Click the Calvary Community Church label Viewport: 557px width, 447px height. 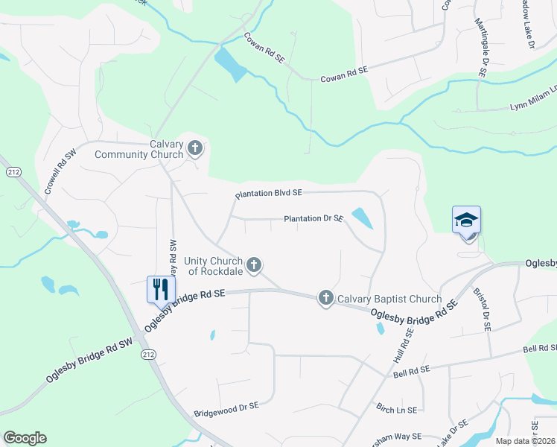pyautogui.click(x=139, y=149)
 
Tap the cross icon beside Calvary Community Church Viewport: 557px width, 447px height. pyautogui.click(x=195, y=148)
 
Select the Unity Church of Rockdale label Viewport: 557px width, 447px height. pyautogui.click(x=214, y=265)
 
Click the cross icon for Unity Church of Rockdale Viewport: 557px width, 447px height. pyautogui.click(x=254, y=264)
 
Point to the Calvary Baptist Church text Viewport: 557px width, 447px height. pyautogui.click(x=389, y=299)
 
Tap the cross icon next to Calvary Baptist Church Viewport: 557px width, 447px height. pyautogui.click(x=325, y=298)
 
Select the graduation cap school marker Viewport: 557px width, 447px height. pyautogui.click(x=466, y=220)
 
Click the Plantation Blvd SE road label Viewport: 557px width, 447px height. pyautogui.click(x=268, y=194)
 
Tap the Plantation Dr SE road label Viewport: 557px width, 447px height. pyautogui.click(x=313, y=219)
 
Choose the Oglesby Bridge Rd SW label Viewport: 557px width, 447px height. pyautogui.click(x=89, y=360)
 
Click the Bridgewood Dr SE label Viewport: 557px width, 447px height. pyautogui.click(x=226, y=409)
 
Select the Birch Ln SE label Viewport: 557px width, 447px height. pyautogui.click(x=396, y=410)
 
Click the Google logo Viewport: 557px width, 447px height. pyautogui.click(x=25, y=438)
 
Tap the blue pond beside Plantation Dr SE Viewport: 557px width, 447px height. pyautogui.click(x=362, y=218)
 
